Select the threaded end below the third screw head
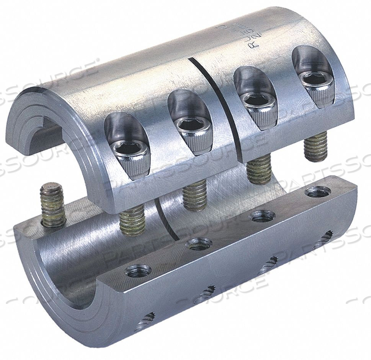pyautogui.click(x=259, y=169)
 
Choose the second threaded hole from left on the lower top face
pyautogui.click(x=200, y=242)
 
